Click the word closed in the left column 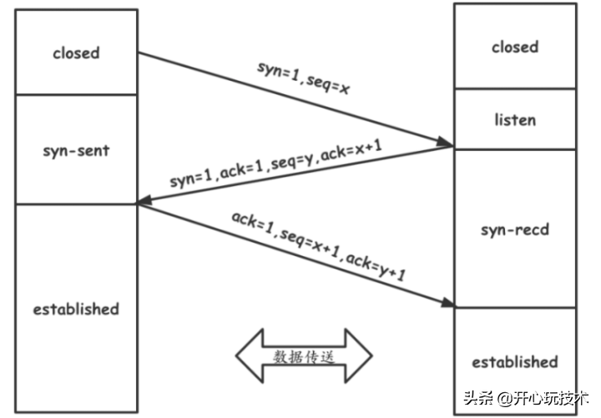76,53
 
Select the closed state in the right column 515,47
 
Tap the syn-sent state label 76,152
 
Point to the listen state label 515,120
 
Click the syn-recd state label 515,228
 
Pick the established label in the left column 76,309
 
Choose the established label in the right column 515,361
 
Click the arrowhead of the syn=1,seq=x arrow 447,146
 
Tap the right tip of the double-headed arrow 371,357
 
